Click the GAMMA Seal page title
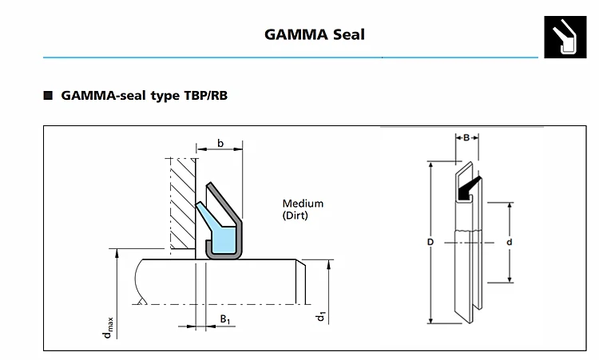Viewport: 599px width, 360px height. pyautogui.click(x=314, y=34)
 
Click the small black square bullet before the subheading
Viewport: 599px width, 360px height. pyautogui.click(x=48, y=96)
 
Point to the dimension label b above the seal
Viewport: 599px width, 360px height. pyautogui.click(x=220, y=144)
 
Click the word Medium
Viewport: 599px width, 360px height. pyautogui.click(x=303, y=204)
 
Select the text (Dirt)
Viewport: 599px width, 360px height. pyautogui.click(x=295, y=216)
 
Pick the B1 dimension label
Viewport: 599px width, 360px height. pyautogui.click(x=225, y=320)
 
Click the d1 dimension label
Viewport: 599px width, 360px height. pyautogui.click(x=320, y=316)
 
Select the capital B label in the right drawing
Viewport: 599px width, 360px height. pyautogui.click(x=466, y=137)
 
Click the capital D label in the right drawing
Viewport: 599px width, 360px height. pyautogui.click(x=430, y=241)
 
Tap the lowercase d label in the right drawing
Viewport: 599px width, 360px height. pyautogui.click(x=509, y=241)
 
